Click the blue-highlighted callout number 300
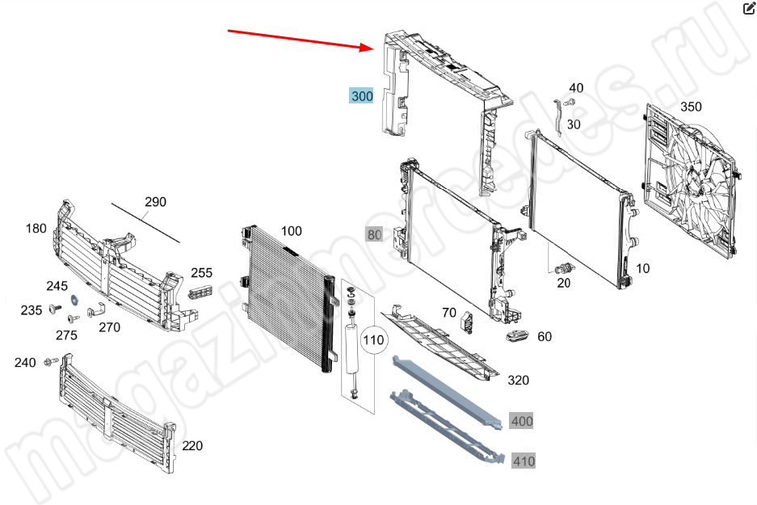tap(362, 95)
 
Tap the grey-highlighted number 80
tap(374, 234)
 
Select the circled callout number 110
tap(373, 340)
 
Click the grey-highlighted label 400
tap(521, 421)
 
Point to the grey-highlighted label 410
tap(524, 461)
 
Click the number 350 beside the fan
tap(691, 107)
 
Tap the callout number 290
tap(155, 202)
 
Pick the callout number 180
tap(36, 229)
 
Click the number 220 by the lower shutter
tap(192, 446)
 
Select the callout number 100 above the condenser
tap(291, 231)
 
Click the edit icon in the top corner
tap(749, 8)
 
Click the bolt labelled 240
tap(51, 361)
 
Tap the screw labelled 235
tap(55, 309)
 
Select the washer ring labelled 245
tap(75, 299)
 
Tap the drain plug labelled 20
tap(565, 267)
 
